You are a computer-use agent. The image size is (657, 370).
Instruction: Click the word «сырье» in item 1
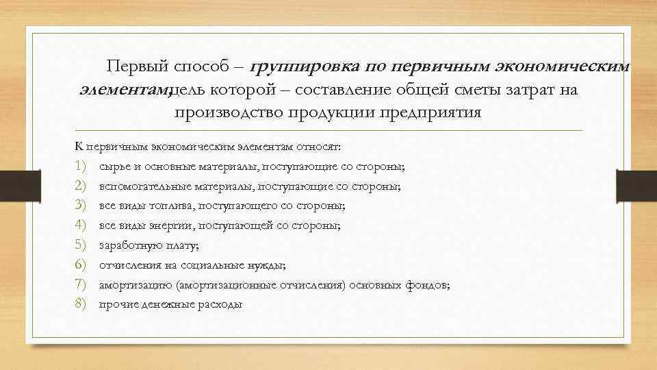[113, 166]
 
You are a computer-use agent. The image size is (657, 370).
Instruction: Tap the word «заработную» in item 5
[127, 245]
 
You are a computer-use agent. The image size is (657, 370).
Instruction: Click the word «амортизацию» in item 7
[131, 284]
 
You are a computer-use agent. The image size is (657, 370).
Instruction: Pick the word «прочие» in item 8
[116, 304]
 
